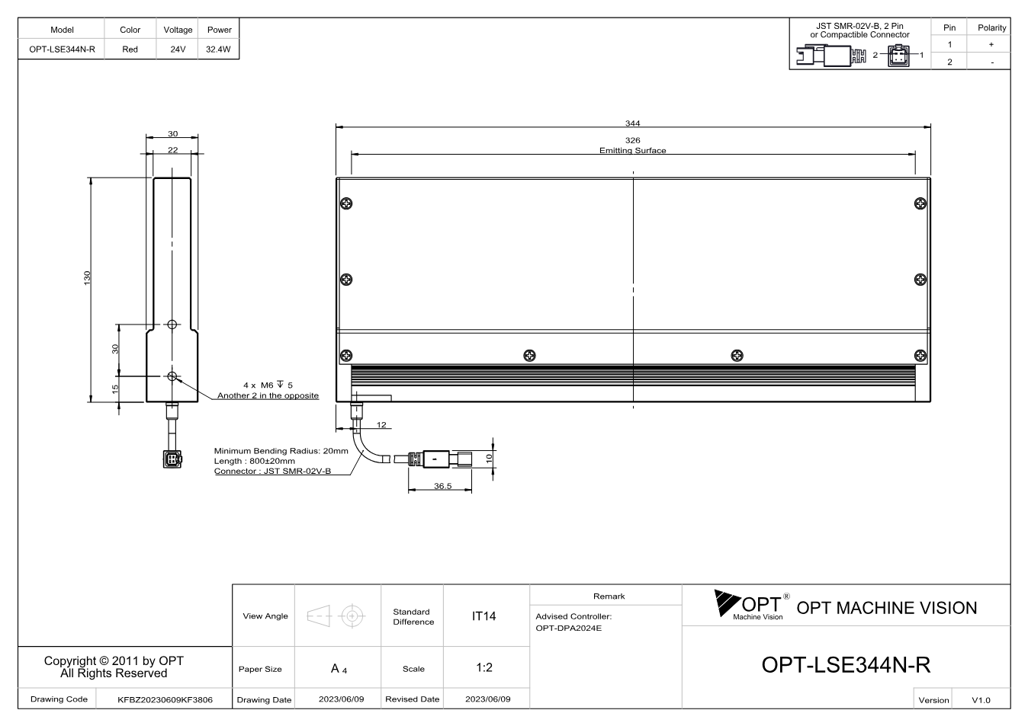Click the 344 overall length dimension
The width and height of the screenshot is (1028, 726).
(x=632, y=123)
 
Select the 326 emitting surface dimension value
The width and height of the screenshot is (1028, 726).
(x=632, y=140)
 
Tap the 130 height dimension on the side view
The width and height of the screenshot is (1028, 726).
(x=87, y=278)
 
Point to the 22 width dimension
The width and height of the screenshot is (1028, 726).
(x=172, y=150)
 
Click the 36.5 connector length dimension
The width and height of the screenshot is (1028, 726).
(x=443, y=486)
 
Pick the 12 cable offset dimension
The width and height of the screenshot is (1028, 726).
(x=381, y=425)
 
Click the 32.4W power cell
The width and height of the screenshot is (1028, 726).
(x=218, y=49)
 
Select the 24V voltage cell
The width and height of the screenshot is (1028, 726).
(x=178, y=49)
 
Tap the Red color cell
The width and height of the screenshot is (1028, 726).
(x=130, y=49)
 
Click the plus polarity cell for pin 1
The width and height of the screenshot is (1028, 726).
(x=991, y=44)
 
